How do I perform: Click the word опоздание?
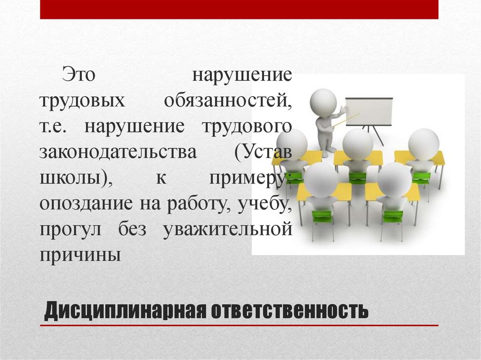91,205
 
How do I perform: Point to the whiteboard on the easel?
369,112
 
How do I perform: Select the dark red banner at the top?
239,9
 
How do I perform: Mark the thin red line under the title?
239,325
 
